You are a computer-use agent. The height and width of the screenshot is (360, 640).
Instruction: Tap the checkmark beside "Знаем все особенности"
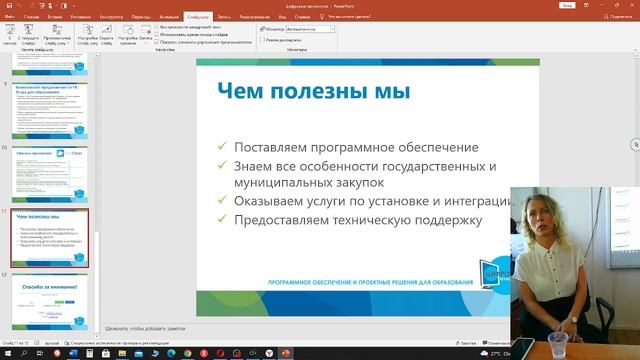tap(222, 166)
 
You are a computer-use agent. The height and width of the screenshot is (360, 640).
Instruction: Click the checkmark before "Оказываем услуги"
tap(222, 202)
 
